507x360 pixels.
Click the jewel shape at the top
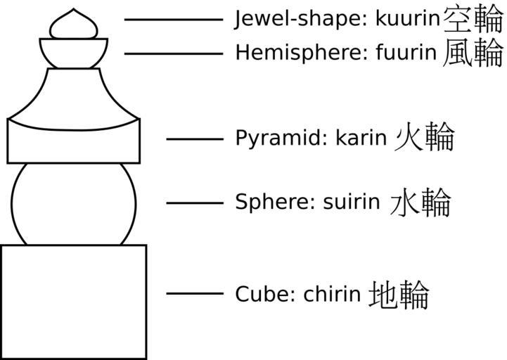pyautogui.click(x=73, y=24)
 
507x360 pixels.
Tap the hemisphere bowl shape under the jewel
pyautogui.click(x=74, y=53)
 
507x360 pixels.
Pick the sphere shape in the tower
pyautogui.click(x=74, y=204)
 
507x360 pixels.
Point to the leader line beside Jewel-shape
pyautogui.click(x=173, y=20)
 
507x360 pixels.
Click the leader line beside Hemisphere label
pyautogui.click(x=173, y=53)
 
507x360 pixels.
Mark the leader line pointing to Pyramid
pyautogui.click(x=194, y=139)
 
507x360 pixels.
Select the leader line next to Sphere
pyautogui.click(x=194, y=202)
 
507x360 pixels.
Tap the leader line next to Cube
pyautogui.click(x=194, y=293)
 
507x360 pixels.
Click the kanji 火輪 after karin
pyautogui.click(x=424, y=137)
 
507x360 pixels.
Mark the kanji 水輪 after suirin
pyautogui.click(x=420, y=202)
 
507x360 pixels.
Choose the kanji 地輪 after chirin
pyautogui.click(x=398, y=294)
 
